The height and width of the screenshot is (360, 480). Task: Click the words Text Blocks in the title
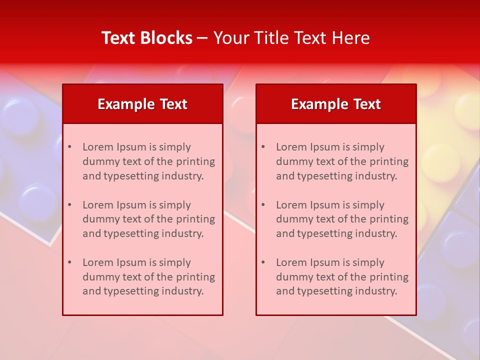[147, 38]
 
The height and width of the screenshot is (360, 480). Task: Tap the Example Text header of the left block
[142, 104]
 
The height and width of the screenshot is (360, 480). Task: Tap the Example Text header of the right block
[336, 104]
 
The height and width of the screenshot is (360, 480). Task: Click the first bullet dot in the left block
[69, 147]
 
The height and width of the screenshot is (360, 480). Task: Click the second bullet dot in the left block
[69, 205]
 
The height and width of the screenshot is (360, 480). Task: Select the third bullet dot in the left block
[69, 262]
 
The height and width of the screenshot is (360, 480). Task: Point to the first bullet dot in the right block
[263, 147]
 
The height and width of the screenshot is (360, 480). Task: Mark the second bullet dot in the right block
[263, 205]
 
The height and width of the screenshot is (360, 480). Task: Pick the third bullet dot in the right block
[263, 262]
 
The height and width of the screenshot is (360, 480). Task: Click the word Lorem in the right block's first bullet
[291, 147]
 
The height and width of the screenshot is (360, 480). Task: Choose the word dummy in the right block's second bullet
[292, 219]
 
